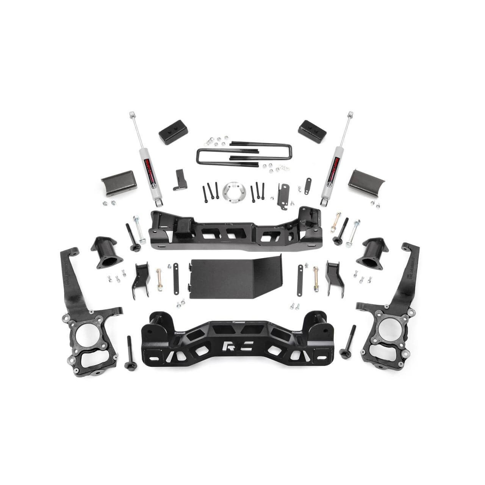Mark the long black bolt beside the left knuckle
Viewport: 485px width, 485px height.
coord(130,352)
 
